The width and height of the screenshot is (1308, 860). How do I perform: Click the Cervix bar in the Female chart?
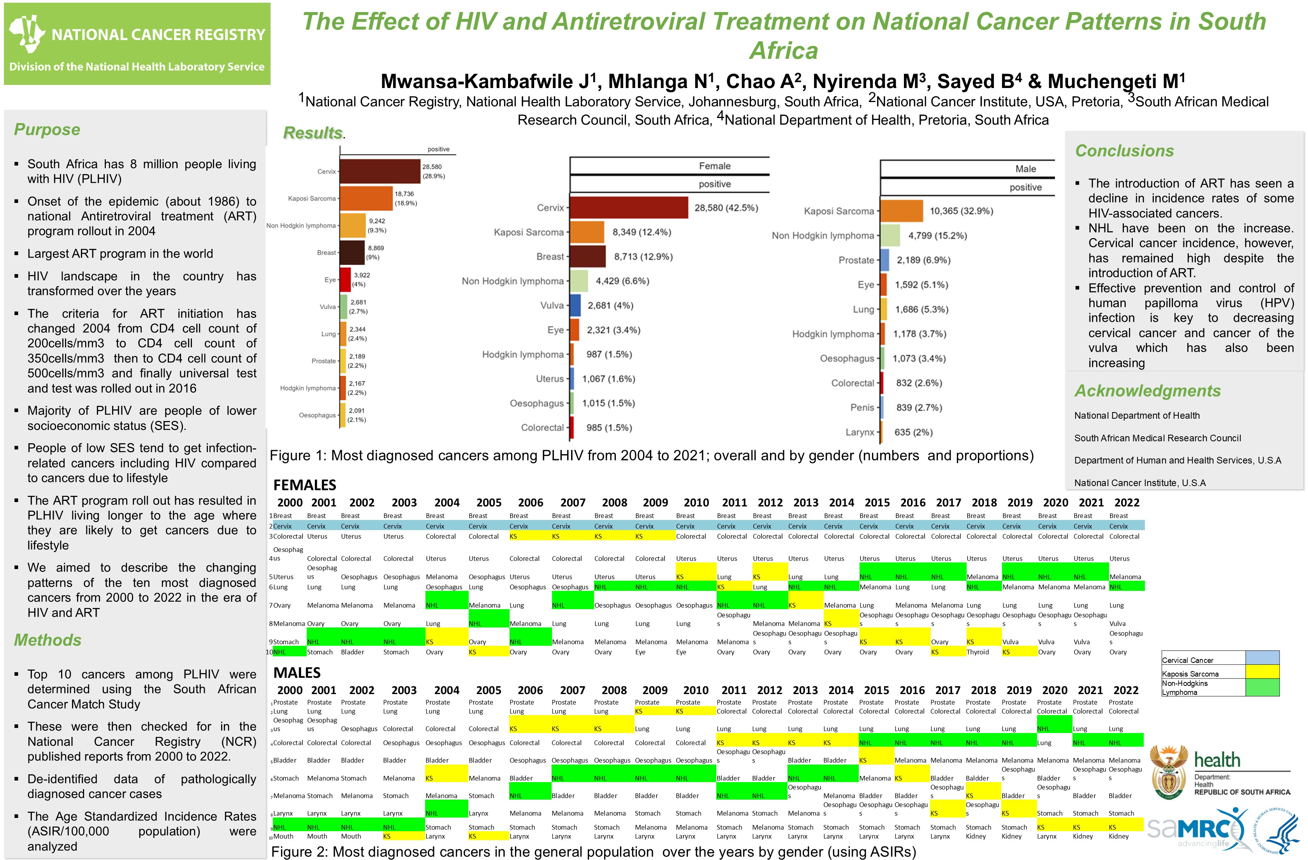629,208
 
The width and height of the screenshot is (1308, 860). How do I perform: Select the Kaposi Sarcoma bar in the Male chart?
901,211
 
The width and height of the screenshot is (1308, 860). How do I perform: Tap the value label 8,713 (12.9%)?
643,257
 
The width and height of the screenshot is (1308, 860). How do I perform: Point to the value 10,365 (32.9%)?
961,211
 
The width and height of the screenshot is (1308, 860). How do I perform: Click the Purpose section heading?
47,130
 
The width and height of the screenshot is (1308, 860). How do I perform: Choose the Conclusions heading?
1124,151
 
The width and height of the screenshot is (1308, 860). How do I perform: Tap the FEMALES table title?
304,485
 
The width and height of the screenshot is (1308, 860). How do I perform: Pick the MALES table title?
297,673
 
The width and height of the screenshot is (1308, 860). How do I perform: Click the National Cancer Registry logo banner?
137,44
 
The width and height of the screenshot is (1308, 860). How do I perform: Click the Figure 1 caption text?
651,456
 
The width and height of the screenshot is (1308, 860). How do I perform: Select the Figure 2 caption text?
594,852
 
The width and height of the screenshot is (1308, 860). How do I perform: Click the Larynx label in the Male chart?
860,432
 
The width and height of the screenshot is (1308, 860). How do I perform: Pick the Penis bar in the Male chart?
881,407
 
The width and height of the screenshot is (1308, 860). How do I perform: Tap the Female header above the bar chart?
714,166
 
